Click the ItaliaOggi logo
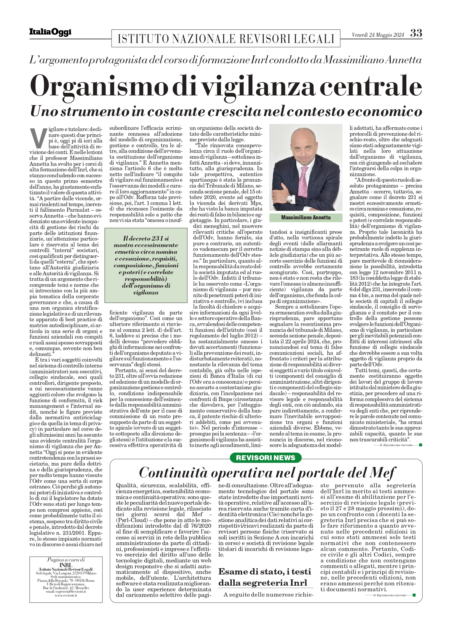point(50,32)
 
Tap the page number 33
point(416,33)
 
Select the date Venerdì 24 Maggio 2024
point(378,35)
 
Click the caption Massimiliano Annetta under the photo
point(306,218)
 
